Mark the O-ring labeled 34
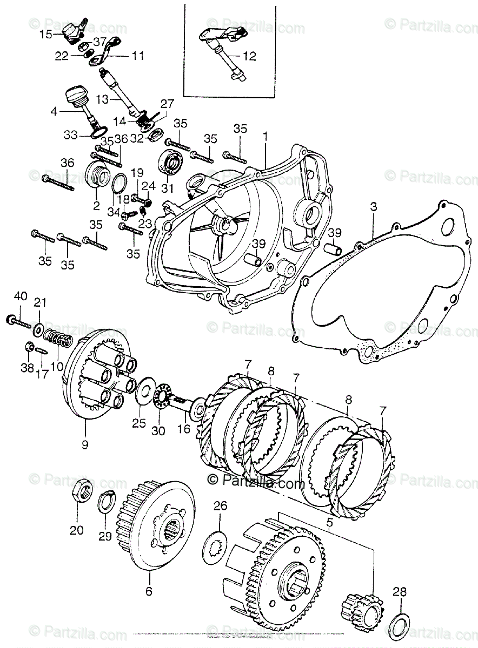(121, 184)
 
